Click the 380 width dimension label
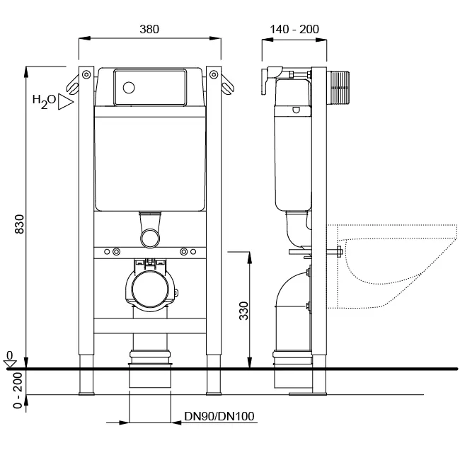click(x=149, y=29)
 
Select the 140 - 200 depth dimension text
click(x=294, y=29)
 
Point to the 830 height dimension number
click(x=19, y=224)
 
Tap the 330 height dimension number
click(x=243, y=311)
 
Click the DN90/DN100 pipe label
click(x=219, y=416)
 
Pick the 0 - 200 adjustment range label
click(x=18, y=391)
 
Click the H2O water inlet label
click(x=44, y=101)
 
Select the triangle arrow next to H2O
click(x=65, y=102)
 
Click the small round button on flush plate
click(x=129, y=88)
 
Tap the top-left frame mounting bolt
click(x=86, y=74)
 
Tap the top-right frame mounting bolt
click(x=214, y=74)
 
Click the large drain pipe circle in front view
click(x=150, y=289)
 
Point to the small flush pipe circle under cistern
click(x=150, y=238)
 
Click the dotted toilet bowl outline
click(x=392, y=266)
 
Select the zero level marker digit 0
click(x=10, y=355)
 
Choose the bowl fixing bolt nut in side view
click(x=340, y=252)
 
